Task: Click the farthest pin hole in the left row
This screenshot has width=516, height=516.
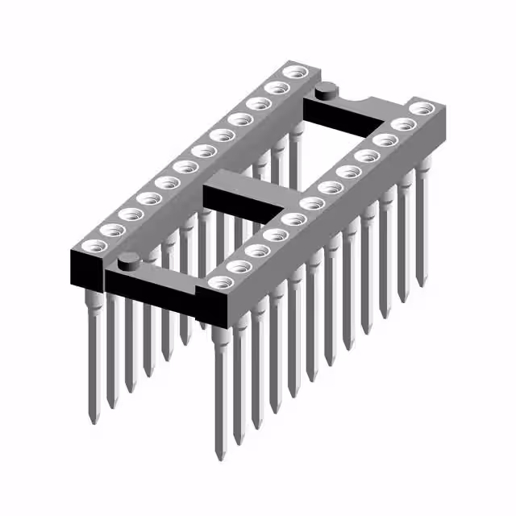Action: pyautogui.click(x=294, y=73)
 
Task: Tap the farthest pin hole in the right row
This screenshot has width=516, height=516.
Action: pyautogui.click(x=422, y=108)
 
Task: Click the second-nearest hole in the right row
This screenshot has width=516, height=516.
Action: pyautogui.click(x=238, y=265)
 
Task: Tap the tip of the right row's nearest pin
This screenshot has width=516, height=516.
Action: pyautogui.click(x=220, y=456)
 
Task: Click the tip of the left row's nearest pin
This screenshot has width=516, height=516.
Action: pyautogui.click(x=93, y=422)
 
